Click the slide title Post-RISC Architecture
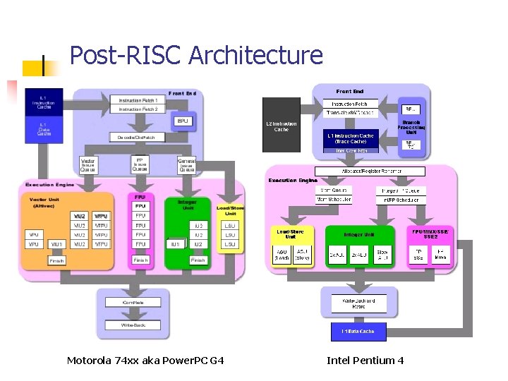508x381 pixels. pos(196,55)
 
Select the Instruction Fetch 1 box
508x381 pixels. pos(138,100)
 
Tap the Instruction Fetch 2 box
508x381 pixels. pos(138,109)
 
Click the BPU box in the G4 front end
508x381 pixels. pos(183,121)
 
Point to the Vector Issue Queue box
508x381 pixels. pos(88,165)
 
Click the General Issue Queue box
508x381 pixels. pos(186,165)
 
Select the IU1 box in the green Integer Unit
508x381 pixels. pos(176,244)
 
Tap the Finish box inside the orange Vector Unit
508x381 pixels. pos(57,260)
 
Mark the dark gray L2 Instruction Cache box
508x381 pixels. pos(281,126)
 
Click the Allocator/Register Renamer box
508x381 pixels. pos(370,171)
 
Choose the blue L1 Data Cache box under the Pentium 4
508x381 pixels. pos(358,330)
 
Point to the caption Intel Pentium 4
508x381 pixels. pos(365,361)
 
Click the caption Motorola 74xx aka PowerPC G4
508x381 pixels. pos(145,361)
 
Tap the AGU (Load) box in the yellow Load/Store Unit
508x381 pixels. pos(282,255)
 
